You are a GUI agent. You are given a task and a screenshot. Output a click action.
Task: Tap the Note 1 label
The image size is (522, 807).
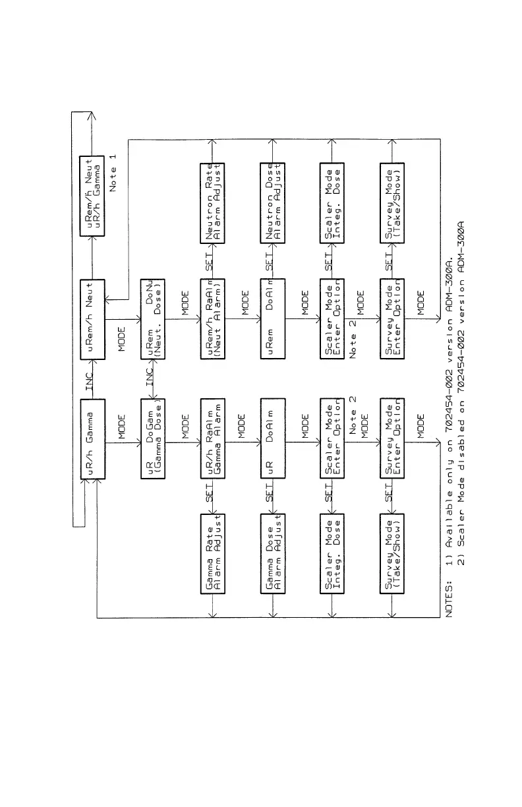point(113,171)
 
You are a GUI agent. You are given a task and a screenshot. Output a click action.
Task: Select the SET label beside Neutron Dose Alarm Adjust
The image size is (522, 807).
point(268,260)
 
